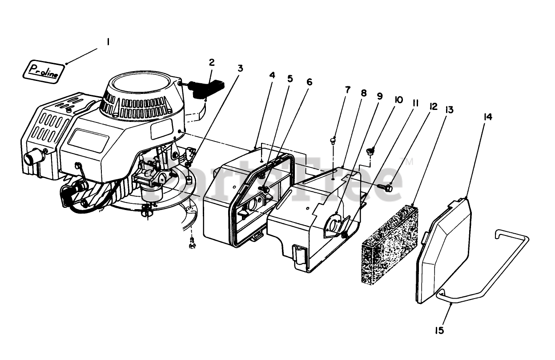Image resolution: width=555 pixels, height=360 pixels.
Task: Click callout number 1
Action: tap(108, 42)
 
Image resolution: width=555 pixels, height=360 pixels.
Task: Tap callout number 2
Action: tap(212, 62)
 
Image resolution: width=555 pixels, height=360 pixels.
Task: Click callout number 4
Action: tap(272, 75)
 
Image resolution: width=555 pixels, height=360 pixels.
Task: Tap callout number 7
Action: tap(347, 90)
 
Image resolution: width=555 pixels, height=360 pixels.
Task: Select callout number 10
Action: tap(398, 100)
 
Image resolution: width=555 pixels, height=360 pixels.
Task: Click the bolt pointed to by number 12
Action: tap(385, 188)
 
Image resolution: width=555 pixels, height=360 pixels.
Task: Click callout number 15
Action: tap(440, 330)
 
